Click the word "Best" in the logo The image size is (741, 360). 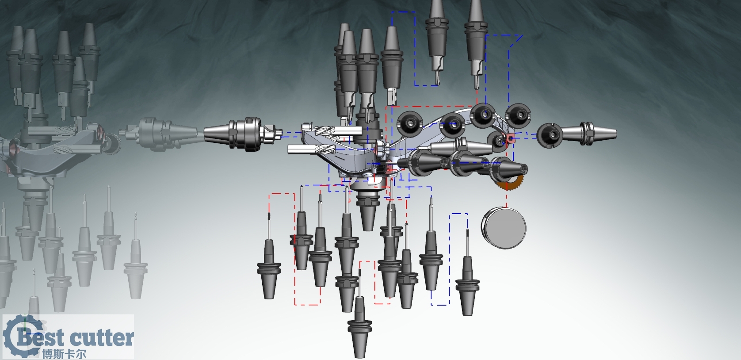42,338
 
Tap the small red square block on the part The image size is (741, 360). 510,139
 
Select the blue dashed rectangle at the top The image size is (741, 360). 403,49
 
